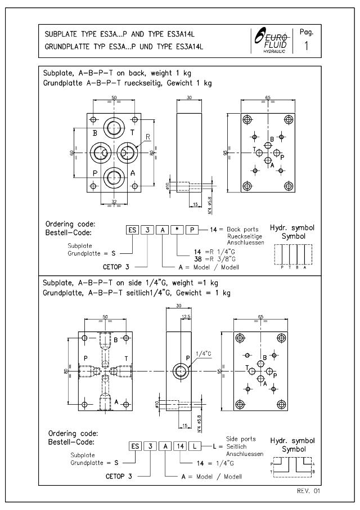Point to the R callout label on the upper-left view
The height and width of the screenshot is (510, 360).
[147, 136]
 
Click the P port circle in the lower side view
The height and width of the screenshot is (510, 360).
[181, 370]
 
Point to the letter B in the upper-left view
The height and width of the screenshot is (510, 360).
[95, 133]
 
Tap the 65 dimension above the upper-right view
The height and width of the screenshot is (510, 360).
[268, 98]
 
